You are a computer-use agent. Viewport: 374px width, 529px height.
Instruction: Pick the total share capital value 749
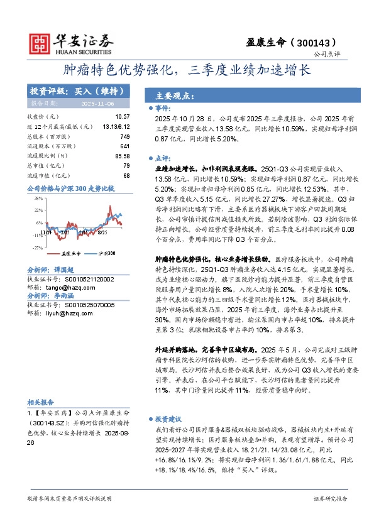click(124, 136)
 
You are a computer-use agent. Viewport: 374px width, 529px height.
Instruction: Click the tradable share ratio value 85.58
click(122, 156)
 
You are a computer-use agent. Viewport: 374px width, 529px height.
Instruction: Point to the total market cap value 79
click(126, 165)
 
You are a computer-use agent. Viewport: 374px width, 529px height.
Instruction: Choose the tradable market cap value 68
click(126, 175)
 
